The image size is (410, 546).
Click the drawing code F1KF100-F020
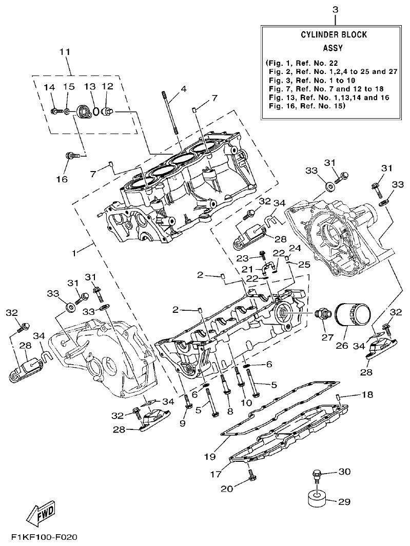coord(40,537)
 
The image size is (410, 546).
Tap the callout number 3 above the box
coord(335,10)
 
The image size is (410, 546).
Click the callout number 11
coord(64,52)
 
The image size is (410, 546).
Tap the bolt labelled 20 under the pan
coord(252,479)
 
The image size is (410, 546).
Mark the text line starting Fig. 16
coord(307,107)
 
